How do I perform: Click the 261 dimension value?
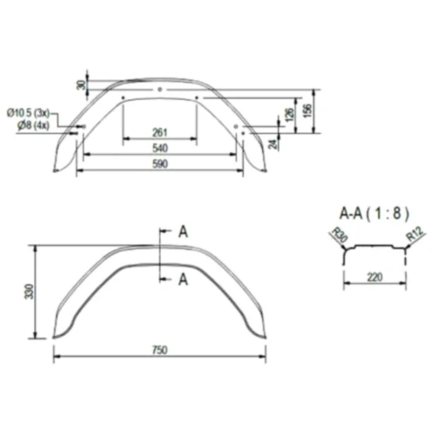pos(160,132)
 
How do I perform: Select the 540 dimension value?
pos(160,148)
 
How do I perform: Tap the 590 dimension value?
pos(160,164)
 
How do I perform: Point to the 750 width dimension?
pos(160,350)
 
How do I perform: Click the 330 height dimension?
pos(29,291)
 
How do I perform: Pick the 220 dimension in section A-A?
pos(375,277)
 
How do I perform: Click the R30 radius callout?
pos(340,235)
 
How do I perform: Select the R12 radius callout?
pos(415,234)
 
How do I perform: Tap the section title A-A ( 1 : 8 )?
pos(374,214)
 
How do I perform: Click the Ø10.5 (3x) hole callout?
pos(28,113)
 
